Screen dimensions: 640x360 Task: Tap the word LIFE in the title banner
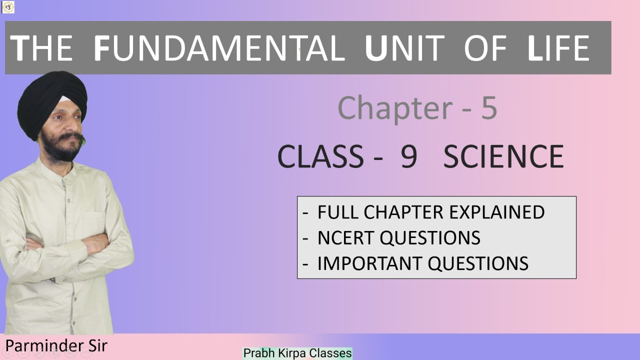[x=558, y=48]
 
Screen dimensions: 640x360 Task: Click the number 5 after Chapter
[x=489, y=107]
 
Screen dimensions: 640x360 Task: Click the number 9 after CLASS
[x=409, y=156]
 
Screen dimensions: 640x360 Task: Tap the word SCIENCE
[x=503, y=156]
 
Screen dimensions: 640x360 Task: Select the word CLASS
[x=320, y=156]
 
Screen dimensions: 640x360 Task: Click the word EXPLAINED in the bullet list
[x=497, y=212]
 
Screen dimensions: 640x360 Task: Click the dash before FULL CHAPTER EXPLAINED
[x=305, y=213]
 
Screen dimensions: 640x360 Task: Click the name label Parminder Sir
[x=56, y=345]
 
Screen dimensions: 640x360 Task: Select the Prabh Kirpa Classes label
[x=297, y=353]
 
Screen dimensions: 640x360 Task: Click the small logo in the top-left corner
[x=8, y=7]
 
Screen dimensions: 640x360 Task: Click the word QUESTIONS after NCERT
[x=430, y=237]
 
